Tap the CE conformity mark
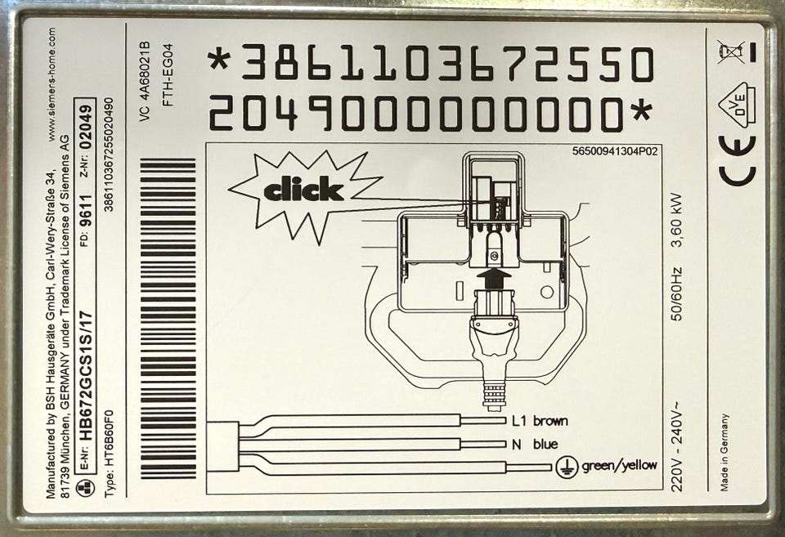point(738,160)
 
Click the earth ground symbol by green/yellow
point(567,467)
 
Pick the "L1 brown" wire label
point(540,421)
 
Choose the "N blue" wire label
point(535,444)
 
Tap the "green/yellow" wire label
point(619,465)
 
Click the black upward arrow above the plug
point(494,277)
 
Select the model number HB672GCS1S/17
point(87,375)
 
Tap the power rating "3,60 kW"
point(677,220)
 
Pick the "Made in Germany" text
point(724,452)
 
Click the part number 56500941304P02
point(615,151)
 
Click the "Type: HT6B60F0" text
point(109,454)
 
